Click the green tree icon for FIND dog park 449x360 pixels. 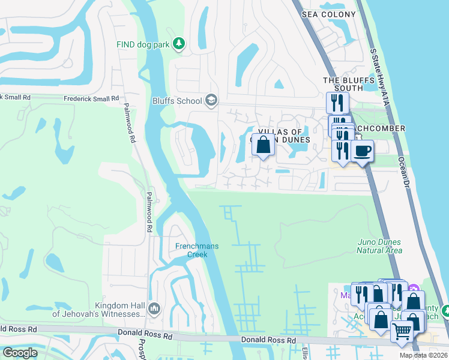[178, 43]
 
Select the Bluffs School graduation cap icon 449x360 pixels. [211, 100]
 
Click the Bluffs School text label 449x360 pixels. [177, 101]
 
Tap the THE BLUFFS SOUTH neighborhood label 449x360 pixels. [343, 84]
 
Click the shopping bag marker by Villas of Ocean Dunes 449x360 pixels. [263, 145]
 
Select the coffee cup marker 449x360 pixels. [362, 151]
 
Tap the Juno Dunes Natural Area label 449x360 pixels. [379, 246]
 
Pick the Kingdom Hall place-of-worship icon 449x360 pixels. [154, 308]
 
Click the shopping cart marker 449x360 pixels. [402, 331]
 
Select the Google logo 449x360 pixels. [20, 353]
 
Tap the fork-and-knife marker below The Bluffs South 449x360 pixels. [338, 103]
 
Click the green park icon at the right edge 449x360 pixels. [445, 310]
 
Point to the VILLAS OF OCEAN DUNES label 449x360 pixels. [283, 136]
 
